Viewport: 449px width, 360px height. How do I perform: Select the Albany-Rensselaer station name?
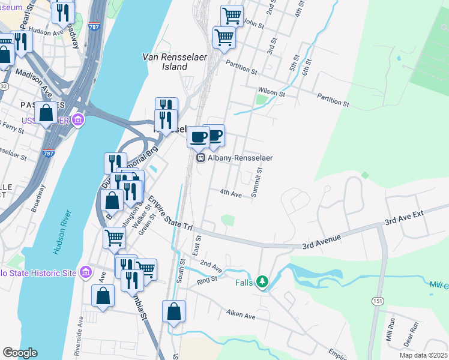tap(240, 158)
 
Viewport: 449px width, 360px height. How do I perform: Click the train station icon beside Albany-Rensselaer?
tap(200, 158)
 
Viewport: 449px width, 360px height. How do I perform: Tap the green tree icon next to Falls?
tap(262, 281)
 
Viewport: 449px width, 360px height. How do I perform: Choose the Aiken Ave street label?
tap(241, 314)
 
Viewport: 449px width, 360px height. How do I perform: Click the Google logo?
tap(20, 353)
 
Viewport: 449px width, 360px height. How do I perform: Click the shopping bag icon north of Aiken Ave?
tap(173, 311)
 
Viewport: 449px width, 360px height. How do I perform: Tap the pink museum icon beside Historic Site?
tap(86, 273)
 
